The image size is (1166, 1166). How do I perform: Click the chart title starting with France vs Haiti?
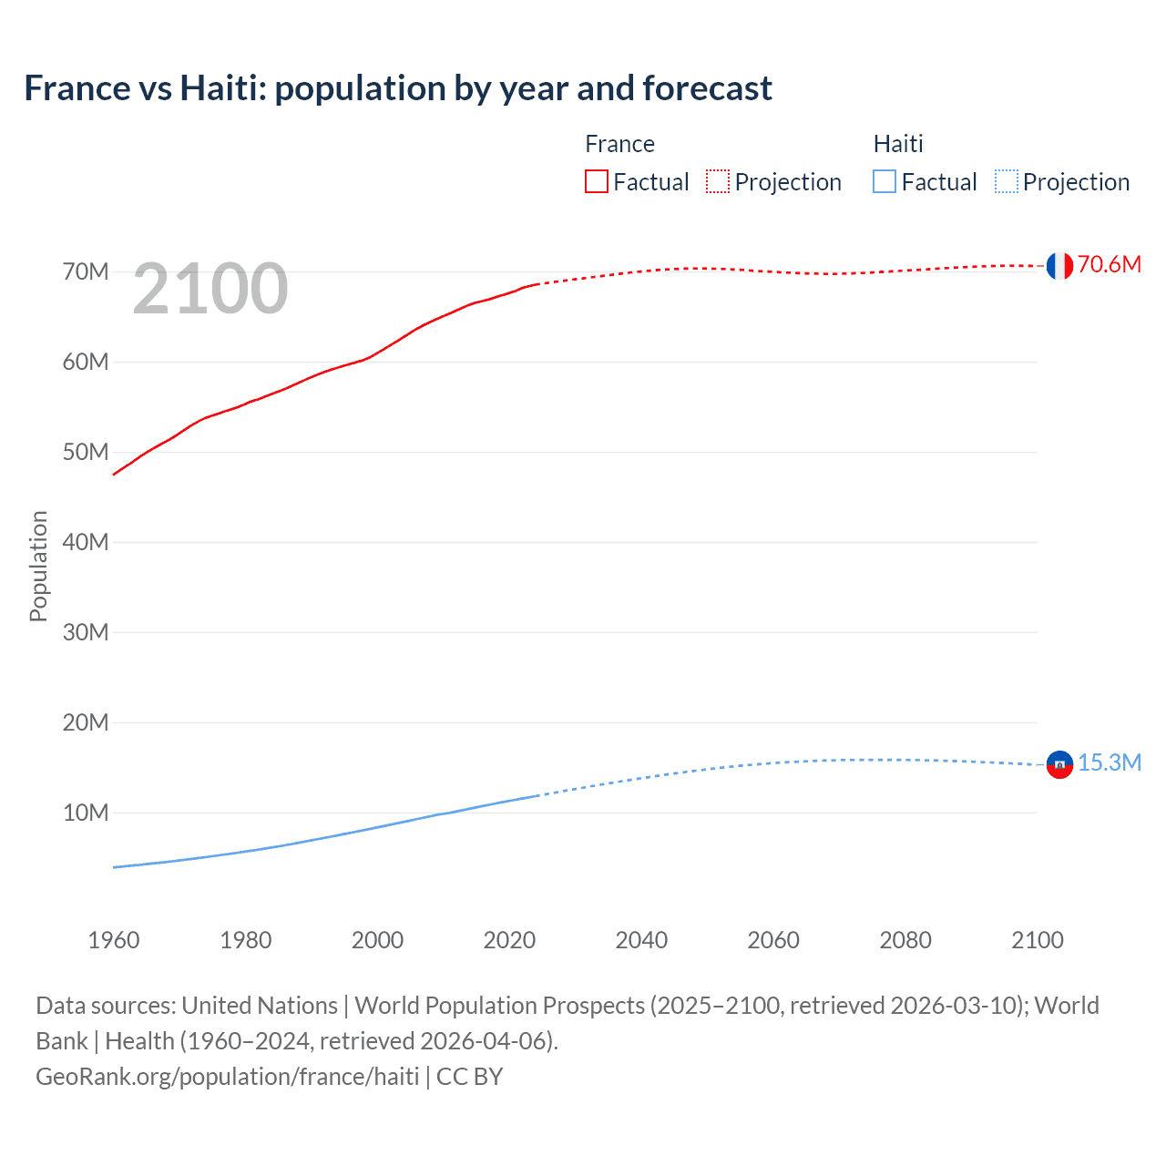point(398,88)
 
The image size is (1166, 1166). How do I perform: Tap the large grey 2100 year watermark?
point(210,289)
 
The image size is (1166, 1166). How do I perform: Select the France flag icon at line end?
point(1059,266)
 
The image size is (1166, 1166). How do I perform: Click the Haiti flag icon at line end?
point(1059,764)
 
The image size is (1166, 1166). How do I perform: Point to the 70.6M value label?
point(1109,265)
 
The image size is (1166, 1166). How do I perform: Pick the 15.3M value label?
point(1109,763)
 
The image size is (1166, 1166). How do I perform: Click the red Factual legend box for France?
point(597,182)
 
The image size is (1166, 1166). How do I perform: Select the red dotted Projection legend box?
point(718,182)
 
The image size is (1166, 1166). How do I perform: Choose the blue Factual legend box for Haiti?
point(885,182)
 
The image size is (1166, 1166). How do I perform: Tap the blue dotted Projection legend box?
point(1006,182)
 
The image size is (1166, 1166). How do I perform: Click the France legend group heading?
point(619,144)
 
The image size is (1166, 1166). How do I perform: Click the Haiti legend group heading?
point(898,144)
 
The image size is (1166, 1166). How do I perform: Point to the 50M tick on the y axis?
point(86,453)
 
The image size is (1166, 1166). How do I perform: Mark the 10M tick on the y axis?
point(86,813)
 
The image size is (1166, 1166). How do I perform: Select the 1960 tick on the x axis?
point(114,940)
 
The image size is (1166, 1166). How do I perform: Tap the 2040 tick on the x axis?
point(641,940)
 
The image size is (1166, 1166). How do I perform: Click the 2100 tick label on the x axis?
point(1037,940)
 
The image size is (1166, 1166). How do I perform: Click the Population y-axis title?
point(38,566)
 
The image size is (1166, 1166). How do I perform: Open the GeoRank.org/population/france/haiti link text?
point(228,1077)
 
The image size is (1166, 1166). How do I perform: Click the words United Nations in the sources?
point(260,1006)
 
